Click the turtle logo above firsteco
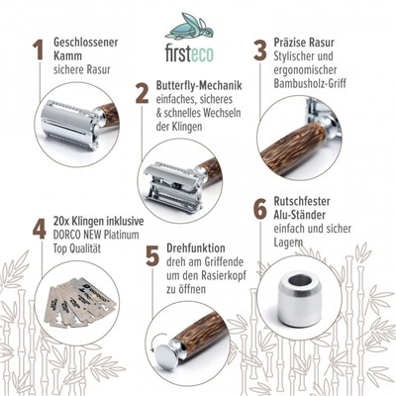point(189,27)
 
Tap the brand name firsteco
point(189,53)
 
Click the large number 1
point(39,49)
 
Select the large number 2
point(143,93)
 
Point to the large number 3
point(260,50)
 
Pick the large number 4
point(39,229)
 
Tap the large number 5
point(152,256)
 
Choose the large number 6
point(260,209)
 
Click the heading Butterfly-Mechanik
point(199,86)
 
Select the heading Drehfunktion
point(196,247)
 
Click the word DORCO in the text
point(66,235)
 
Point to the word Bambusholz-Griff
point(310,83)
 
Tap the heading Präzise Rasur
point(304,43)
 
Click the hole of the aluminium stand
point(300,281)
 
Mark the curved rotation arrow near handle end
point(154,342)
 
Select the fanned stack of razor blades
point(80,303)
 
